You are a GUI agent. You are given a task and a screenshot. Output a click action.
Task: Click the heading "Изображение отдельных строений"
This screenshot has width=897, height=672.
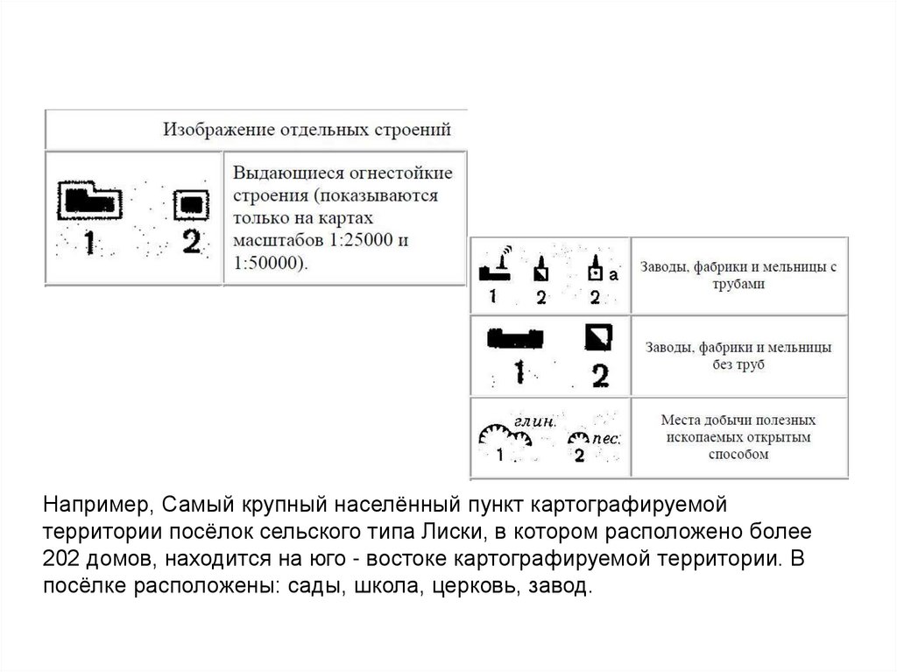(x=307, y=131)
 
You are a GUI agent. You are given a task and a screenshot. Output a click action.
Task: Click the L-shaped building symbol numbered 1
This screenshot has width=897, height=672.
(x=88, y=201)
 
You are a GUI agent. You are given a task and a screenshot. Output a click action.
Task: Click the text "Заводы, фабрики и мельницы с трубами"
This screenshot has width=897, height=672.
(x=739, y=275)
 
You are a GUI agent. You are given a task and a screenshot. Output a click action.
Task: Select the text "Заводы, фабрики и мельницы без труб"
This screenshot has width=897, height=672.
(x=739, y=356)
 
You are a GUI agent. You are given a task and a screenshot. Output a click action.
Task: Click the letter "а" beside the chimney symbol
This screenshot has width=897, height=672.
(x=613, y=275)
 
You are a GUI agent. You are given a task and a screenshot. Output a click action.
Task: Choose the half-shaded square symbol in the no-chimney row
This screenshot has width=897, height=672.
(x=597, y=336)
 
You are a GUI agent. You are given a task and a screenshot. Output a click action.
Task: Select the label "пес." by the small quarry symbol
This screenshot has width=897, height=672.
(x=606, y=439)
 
